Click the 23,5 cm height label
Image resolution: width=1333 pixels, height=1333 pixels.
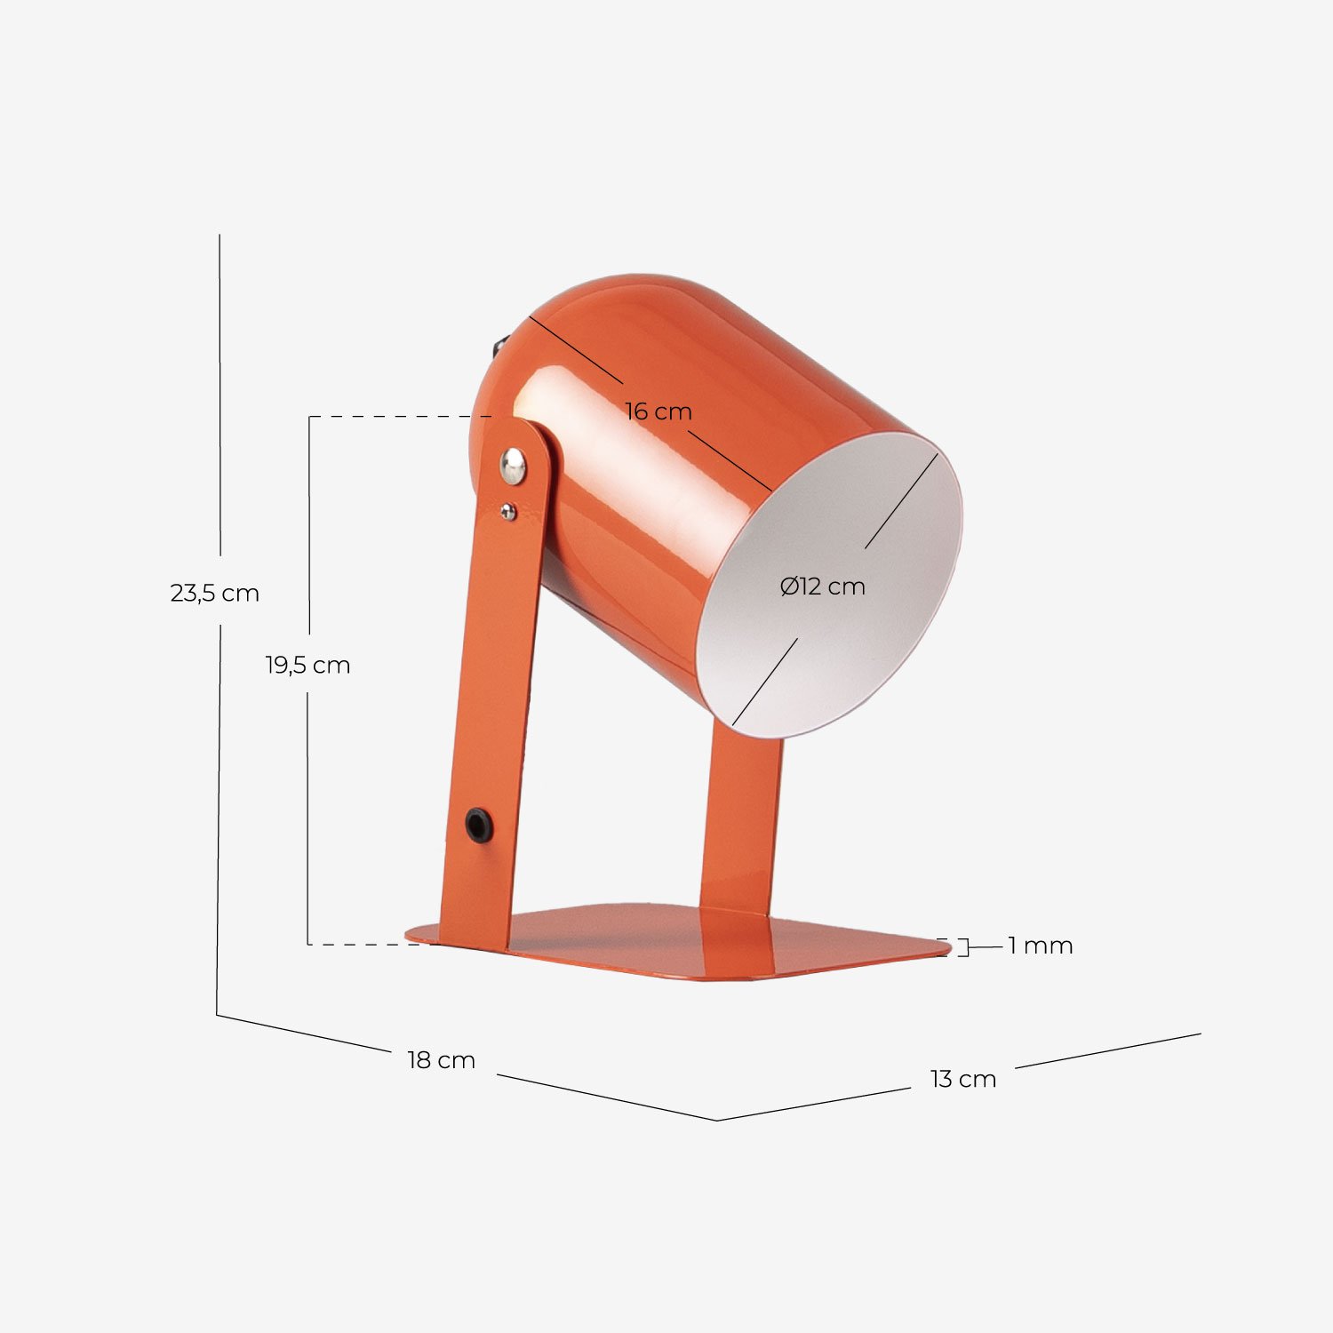214,593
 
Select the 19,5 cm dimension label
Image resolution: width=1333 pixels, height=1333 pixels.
307,665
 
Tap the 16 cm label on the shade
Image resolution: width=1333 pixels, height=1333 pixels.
658,411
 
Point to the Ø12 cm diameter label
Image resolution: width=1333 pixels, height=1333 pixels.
822,587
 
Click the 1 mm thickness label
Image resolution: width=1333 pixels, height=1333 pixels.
1040,946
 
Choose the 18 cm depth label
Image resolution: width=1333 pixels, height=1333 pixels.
441,1060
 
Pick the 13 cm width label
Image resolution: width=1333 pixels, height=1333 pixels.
962,1079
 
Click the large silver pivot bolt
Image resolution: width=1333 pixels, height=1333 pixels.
513,465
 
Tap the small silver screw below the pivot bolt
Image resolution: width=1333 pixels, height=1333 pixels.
507,511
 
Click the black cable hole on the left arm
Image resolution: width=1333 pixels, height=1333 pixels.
479,825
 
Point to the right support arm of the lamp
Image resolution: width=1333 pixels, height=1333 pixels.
740,818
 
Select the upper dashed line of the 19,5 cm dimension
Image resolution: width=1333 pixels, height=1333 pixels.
400,416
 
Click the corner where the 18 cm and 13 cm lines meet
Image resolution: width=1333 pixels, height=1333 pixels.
717,1120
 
